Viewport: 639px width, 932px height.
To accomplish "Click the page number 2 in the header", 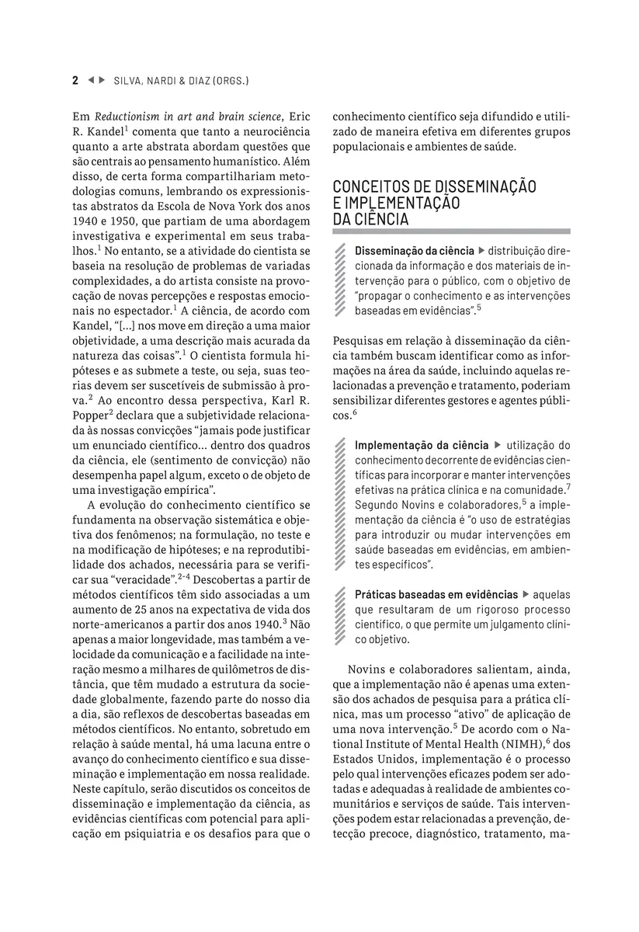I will [75, 80].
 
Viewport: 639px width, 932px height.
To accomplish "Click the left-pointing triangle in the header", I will [90, 80].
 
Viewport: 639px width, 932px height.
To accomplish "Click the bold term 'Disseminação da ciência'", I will [414, 251].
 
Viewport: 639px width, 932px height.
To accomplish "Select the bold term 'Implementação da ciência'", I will [422, 445].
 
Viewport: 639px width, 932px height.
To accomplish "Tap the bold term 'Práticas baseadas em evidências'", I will [436, 593].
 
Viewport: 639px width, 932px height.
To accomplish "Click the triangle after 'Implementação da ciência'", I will [498, 445].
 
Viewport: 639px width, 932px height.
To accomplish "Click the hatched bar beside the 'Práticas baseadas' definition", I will [339, 617].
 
